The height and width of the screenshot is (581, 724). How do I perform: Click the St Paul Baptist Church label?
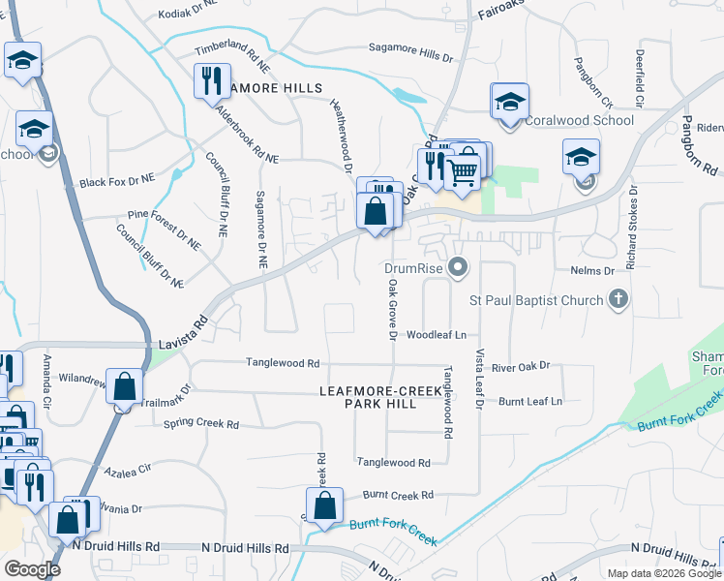click(535, 300)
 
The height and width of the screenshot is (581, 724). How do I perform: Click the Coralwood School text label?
click(579, 121)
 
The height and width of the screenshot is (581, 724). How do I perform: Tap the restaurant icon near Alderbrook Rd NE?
click(211, 80)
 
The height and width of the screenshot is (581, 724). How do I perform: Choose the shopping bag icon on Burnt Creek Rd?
click(324, 505)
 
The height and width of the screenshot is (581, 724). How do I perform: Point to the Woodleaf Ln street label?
click(437, 335)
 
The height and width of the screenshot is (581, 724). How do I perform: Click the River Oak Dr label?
click(520, 366)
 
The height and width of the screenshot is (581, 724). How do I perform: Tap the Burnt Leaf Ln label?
click(530, 400)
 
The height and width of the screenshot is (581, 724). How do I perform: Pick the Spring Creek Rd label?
click(201, 424)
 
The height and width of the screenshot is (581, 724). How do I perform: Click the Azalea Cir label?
click(133, 467)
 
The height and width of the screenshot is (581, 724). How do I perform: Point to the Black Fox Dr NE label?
click(117, 181)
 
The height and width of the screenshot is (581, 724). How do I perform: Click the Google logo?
click(32, 569)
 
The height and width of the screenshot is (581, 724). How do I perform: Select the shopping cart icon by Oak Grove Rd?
click(464, 170)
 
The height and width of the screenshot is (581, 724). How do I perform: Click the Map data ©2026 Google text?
click(663, 573)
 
